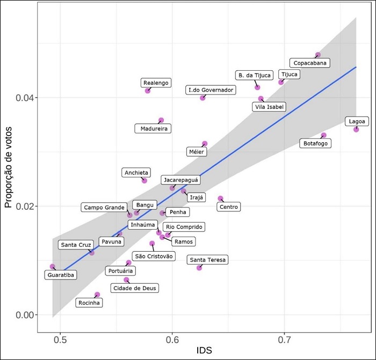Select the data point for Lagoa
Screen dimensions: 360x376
[x=356, y=129]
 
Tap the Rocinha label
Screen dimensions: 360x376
[x=89, y=303]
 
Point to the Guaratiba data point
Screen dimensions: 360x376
[x=53, y=267]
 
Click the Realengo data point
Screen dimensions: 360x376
[x=148, y=91]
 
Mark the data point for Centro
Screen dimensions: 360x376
[x=220, y=199]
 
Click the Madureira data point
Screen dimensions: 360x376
[x=161, y=120]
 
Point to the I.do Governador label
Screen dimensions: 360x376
[x=211, y=90]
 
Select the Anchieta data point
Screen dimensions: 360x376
[x=144, y=180]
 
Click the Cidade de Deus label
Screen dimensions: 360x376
[x=135, y=288]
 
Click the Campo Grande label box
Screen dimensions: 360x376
[x=105, y=207]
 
